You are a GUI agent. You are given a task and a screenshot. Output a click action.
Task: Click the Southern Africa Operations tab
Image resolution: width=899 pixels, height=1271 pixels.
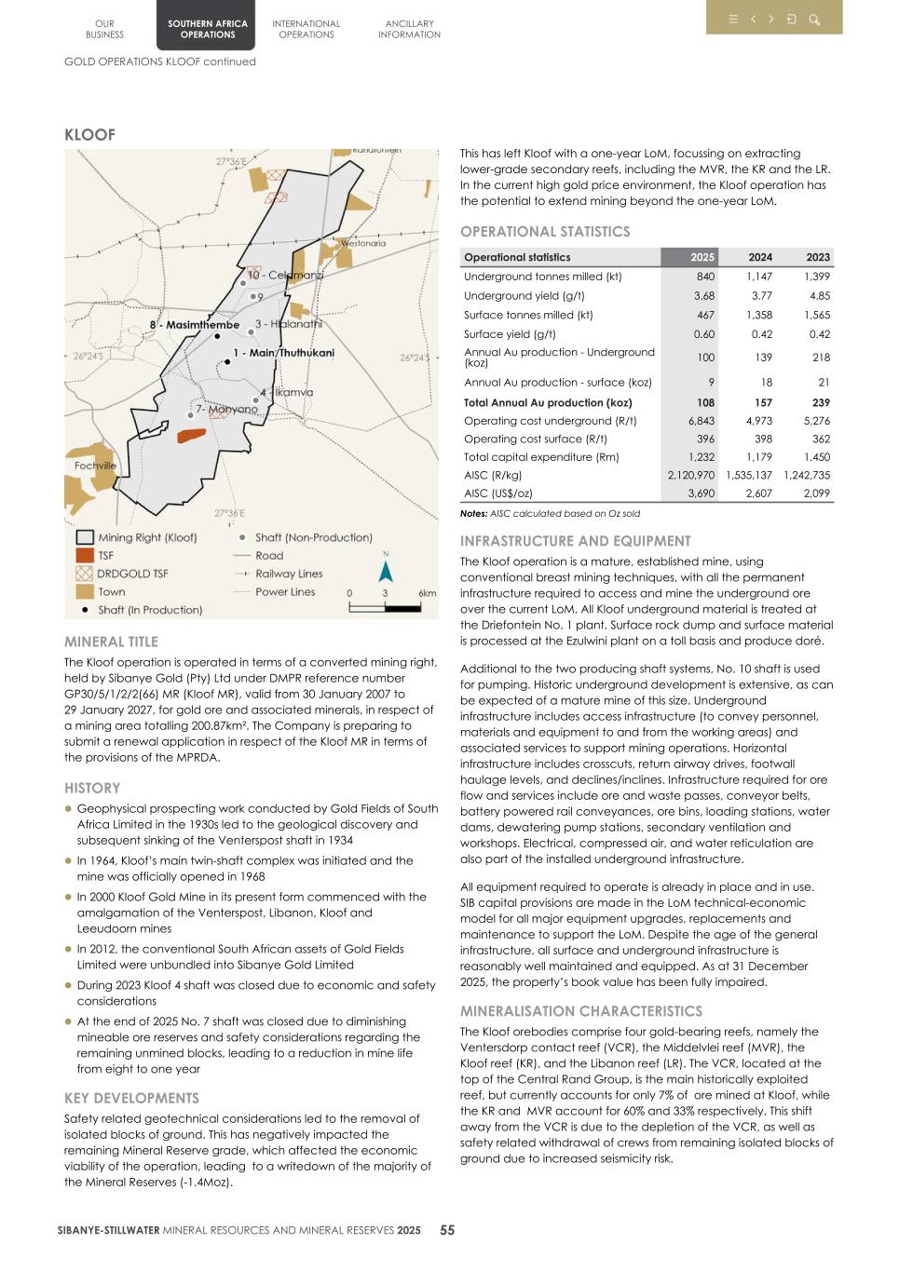[208, 29]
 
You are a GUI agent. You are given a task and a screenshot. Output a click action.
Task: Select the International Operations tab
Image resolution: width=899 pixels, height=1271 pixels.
[306, 29]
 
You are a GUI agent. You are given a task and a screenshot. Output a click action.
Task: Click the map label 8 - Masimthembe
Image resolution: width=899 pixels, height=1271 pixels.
[195, 325]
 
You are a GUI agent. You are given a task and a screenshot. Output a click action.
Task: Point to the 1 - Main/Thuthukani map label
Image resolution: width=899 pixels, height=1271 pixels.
[283, 353]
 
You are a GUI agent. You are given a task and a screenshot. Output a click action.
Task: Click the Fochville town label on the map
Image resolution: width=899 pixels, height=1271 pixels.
[95, 466]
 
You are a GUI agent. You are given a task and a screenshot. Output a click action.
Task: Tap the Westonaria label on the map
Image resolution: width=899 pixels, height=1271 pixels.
[362, 243]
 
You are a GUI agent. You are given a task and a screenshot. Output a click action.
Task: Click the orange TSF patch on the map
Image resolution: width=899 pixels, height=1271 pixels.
[191, 435]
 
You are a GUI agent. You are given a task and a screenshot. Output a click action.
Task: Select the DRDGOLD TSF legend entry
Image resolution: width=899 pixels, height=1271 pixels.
[132, 574]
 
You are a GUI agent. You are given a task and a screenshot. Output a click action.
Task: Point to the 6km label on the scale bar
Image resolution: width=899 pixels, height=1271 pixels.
[427, 593]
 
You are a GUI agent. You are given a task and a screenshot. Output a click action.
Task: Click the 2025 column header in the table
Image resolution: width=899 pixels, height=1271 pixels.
[702, 257]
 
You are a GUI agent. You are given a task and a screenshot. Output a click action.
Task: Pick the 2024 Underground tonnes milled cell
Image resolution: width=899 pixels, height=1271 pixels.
[758, 277]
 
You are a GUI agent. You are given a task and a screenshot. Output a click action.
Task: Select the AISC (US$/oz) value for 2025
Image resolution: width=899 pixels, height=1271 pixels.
[701, 494]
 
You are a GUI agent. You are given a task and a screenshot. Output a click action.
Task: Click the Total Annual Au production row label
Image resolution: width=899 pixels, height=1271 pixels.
[548, 402]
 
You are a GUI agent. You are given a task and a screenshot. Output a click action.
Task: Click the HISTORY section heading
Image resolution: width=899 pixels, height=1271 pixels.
[92, 788]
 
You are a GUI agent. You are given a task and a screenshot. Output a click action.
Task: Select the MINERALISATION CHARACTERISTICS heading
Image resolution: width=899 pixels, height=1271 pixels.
[581, 1011]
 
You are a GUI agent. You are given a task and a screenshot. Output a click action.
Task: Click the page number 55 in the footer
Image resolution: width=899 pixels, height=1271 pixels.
[447, 1230]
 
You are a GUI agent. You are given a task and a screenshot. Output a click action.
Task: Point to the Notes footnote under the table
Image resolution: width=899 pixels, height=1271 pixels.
[550, 513]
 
